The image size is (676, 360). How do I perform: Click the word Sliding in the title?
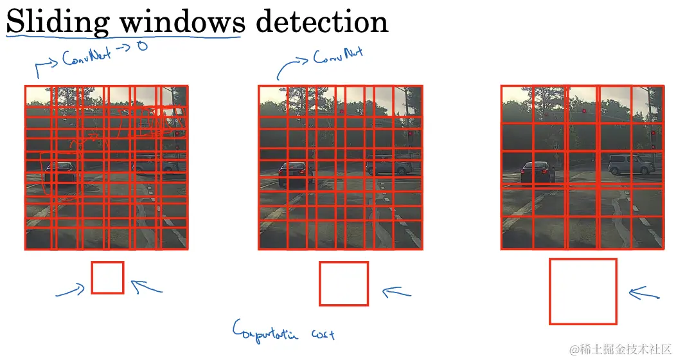(x=57, y=22)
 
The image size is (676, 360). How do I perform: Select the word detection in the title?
(x=321, y=22)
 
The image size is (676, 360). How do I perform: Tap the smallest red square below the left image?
(x=107, y=278)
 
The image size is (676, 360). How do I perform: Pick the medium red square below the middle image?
(x=344, y=283)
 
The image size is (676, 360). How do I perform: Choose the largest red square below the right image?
(x=583, y=291)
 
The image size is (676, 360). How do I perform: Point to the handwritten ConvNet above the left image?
(x=87, y=58)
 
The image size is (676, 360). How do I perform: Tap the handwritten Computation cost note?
(x=283, y=330)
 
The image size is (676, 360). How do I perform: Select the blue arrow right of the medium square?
(x=396, y=292)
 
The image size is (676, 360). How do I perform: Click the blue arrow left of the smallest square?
(x=71, y=291)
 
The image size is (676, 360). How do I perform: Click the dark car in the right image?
(x=537, y=172)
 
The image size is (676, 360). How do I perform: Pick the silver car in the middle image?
(x=389, y=166)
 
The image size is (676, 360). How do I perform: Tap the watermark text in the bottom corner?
(x=620, y=349)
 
